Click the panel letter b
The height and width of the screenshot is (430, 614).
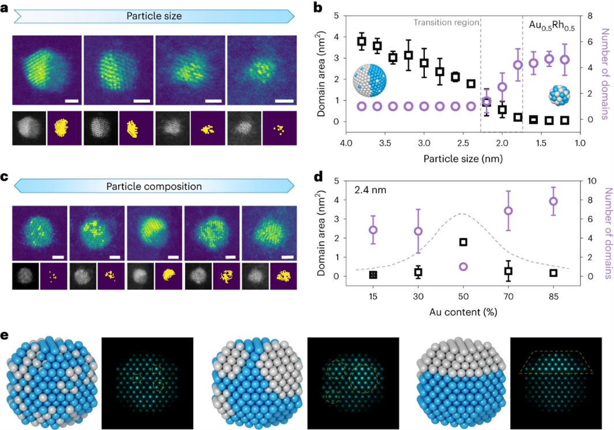pyautogui.click(x=317, y=8)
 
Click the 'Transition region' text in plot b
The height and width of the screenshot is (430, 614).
pyautogui.click(x=447, y=23)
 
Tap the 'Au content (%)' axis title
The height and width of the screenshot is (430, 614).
pyautogui.click(x=464, y=312)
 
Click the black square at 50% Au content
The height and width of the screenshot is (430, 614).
pyautogui.click(x=463, y=242)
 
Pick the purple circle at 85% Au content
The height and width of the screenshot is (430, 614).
pyautogui.click(x=553, y=201)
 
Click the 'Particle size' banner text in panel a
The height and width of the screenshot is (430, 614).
pyautogui.click(x=155, y=16)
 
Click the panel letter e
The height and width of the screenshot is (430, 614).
pyautogui.click(x=5, y=335)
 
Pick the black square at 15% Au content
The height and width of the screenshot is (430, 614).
pyautogui.click(x=373, y=275)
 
